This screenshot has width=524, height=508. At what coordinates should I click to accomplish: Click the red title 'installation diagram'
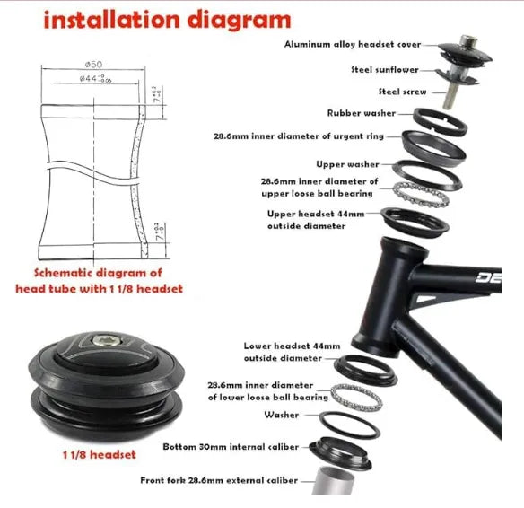pos(168,20)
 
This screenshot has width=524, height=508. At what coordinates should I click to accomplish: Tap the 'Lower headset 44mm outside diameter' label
pos(292,352)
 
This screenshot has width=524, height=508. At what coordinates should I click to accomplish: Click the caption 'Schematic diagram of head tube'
pos(100,280)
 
